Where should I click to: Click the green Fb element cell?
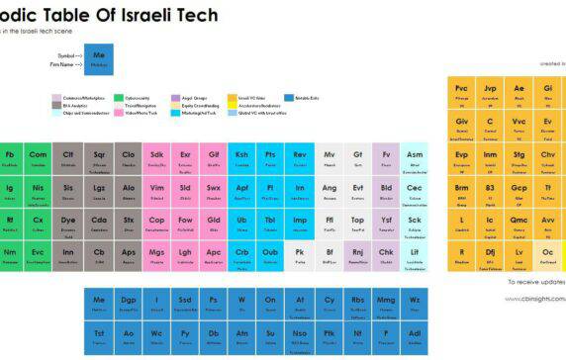10,158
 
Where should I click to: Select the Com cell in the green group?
38,158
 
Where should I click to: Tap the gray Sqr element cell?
99,158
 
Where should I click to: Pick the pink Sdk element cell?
156,158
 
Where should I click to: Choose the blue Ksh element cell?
241,158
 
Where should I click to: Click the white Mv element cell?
329,158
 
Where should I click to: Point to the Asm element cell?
415,158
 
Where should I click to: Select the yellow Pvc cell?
461,91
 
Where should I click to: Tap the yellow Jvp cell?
490,91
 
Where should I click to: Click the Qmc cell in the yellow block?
519,224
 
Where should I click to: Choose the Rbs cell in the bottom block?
357,303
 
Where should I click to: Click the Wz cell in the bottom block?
415,303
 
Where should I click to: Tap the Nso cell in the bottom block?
300,336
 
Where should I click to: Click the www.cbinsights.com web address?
535,297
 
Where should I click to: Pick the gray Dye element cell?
67,224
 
